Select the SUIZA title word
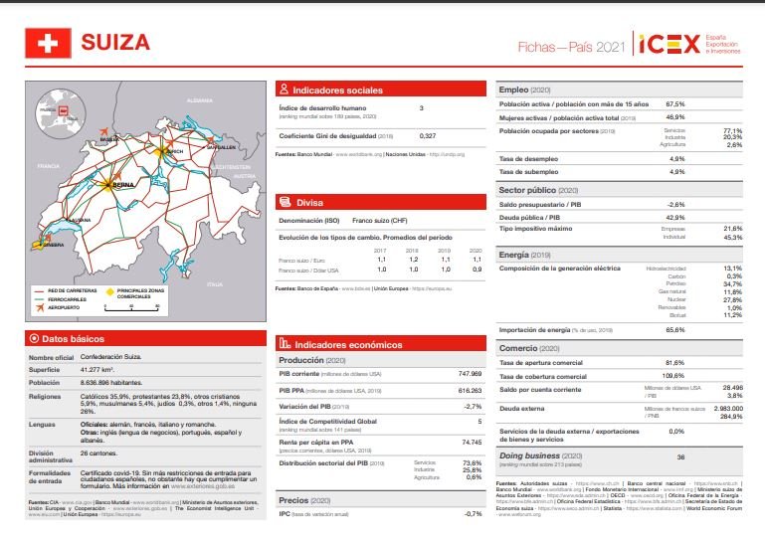pyautogui.click(x=115, y=44)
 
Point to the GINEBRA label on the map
pyautogui.click(x=54, y=244)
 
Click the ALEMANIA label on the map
pyautogui.click(x=200, y=100)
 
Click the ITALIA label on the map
pyautogui.click(x=215, y=283)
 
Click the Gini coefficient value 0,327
pyautogui.click(x=428, y=135)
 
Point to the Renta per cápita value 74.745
pyautogui.click(x=472, y=442)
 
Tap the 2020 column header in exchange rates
pyautogui.click(x=476, y=251)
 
